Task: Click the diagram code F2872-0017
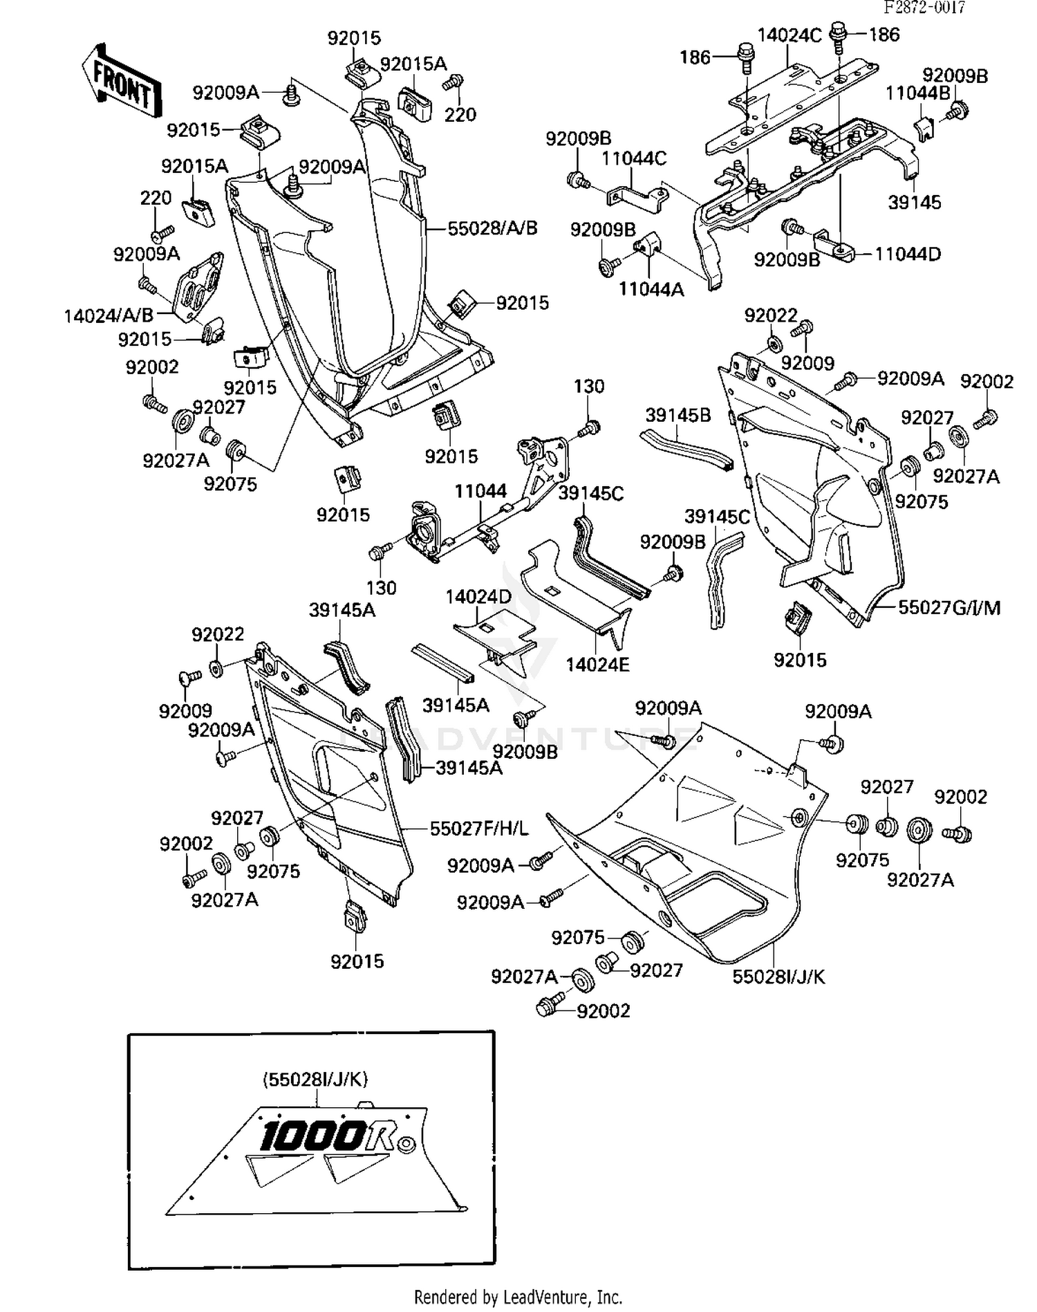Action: [924, 8]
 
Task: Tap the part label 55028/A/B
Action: [492, 228]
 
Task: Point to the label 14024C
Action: [790, 35]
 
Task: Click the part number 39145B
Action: [678, 415]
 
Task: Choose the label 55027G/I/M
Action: [949, 607]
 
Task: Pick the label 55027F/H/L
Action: [479, 829]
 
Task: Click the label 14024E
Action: [597, 665]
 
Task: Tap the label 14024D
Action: [478, 596]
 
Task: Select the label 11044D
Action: [908, 254]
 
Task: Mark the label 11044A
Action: [651, 289]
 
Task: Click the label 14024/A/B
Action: [109, 316]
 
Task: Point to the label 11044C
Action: [633, 158]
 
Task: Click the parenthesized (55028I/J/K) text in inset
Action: [315, 1078]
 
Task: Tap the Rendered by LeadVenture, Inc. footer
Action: [518, 1297]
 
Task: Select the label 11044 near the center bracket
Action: [480, 491]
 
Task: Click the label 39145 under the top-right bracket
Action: [914, 202]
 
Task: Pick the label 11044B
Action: [917, 93]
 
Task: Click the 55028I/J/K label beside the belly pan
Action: [778, 977]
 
